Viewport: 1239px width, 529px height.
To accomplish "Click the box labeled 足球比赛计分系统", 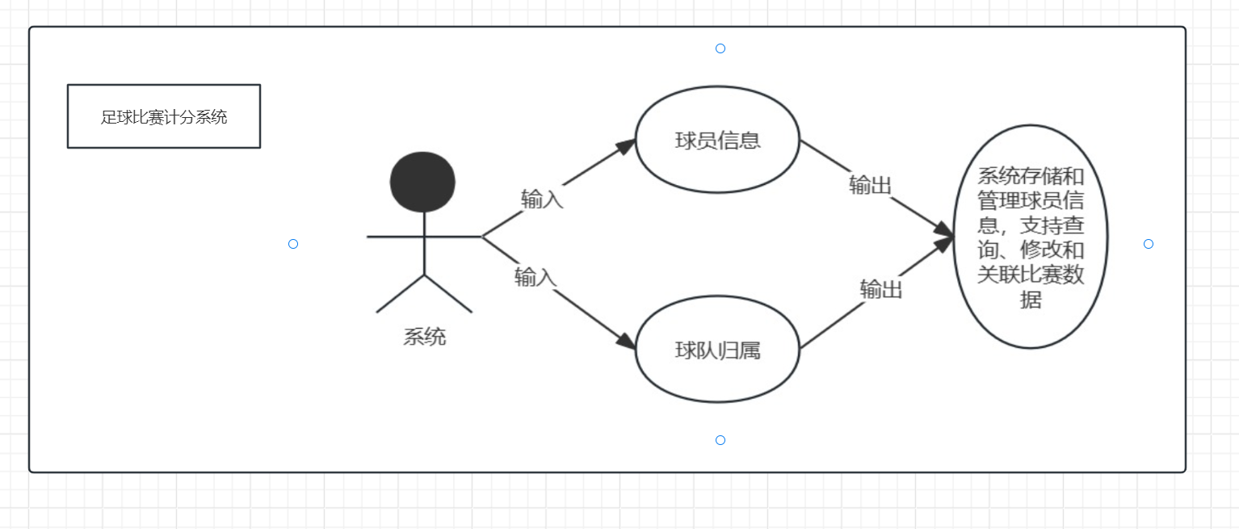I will [164, 116].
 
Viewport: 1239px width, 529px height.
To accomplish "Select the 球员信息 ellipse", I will [717, 140].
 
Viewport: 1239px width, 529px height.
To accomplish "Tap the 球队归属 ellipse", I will [717, 351].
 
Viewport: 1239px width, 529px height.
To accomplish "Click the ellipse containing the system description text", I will [1030, 237].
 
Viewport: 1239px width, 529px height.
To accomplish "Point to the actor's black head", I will [422, 182].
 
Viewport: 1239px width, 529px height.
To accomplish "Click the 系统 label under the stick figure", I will [424, 337].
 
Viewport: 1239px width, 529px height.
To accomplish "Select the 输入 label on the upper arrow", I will [542, 199].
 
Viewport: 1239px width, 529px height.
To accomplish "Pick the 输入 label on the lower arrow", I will [535, 278].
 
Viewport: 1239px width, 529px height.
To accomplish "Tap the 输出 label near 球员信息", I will [870, 186].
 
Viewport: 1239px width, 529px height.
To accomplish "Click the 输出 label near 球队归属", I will [880, 289].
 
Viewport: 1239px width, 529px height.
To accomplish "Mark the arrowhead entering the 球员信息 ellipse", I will [627, 146].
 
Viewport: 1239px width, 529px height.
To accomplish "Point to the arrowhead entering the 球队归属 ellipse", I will [627, 341].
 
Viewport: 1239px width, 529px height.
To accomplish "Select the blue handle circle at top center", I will [720, 48].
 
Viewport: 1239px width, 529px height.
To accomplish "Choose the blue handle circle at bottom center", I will [720, 440].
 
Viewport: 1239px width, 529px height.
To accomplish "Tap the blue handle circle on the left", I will [293, 244].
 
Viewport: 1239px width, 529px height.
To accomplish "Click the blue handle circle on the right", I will [1149, 244].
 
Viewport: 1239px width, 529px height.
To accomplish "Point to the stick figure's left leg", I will [400, 294].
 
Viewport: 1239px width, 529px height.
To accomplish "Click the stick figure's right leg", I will [448, 294].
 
